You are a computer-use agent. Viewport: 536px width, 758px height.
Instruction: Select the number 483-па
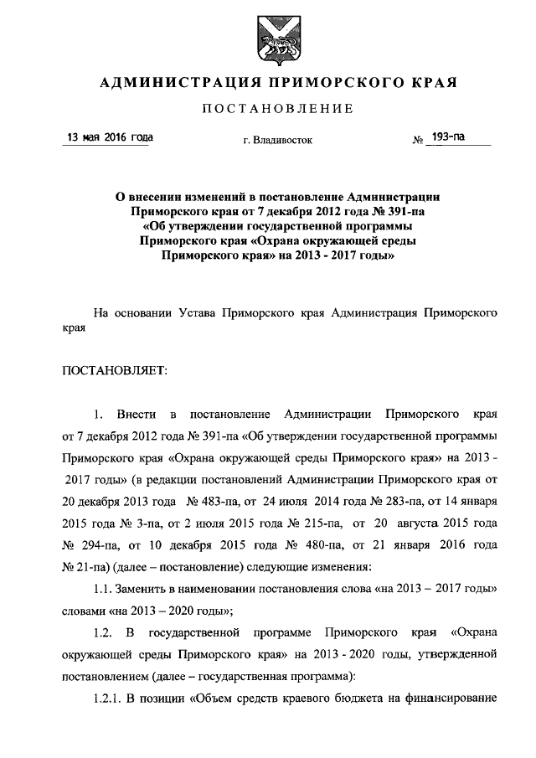(x=224, y=501)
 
